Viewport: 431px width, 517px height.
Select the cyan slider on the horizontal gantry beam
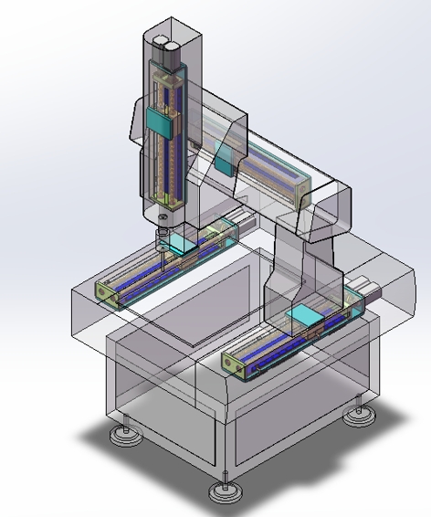click(x=222, y=157)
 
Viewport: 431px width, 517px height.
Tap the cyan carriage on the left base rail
click(x=182, y=243)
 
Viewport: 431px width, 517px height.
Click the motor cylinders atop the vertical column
click(x=165, y=45)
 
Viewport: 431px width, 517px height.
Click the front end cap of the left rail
click(x=108, y=294)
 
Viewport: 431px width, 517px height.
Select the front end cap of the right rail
click(x=234, y=365)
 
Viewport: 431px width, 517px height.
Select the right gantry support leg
click(x=292, y=274)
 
